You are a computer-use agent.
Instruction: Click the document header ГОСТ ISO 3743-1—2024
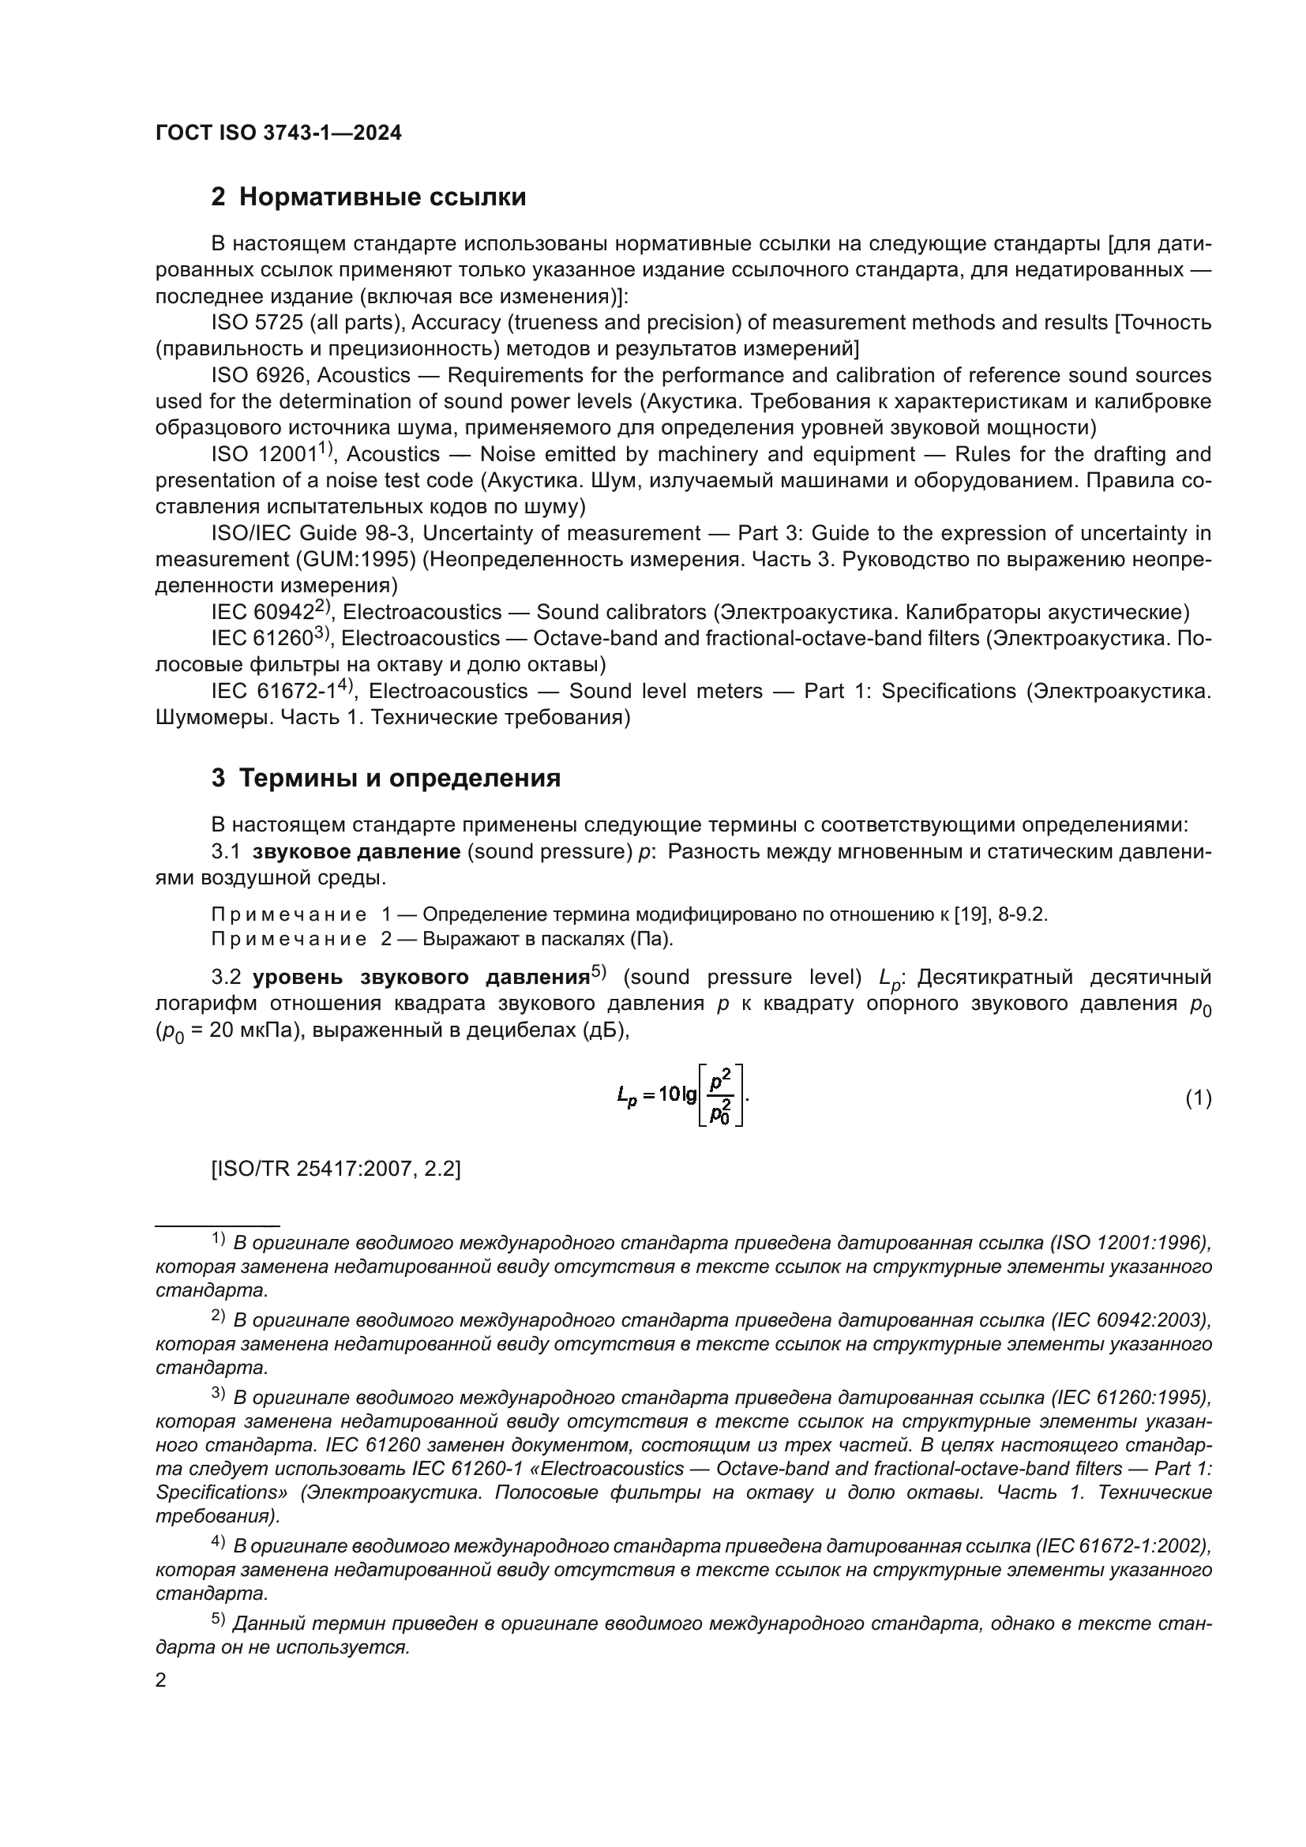point(278,133)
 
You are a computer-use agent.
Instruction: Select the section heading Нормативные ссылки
point(382,197)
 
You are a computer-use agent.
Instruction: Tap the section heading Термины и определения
point(400,779)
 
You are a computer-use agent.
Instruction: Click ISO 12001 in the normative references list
point(264,456)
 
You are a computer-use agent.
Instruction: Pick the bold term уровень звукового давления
point(421,978)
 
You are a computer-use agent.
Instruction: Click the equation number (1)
point(1199,1098)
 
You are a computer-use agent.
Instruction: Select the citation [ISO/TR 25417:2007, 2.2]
point(336,1169)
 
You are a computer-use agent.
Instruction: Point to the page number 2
point(161,1680)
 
